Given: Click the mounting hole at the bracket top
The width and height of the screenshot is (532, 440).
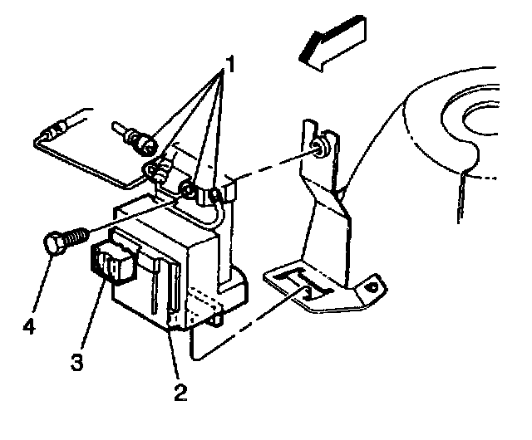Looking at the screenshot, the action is [318, 149].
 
